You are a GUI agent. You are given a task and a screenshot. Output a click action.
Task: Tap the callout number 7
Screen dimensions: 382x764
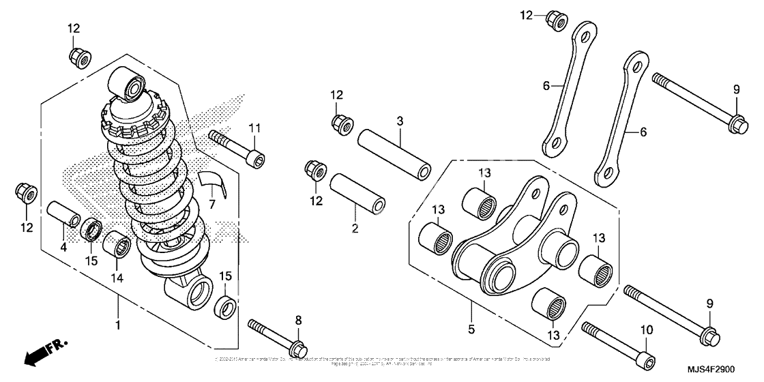pyautogui.click(x=212, y=204)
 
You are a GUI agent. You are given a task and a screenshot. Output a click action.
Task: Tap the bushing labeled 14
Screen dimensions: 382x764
pyautogui.click(x=116, y=244)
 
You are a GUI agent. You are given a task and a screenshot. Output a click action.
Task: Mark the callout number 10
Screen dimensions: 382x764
pyautogui.click(x=646, y=329)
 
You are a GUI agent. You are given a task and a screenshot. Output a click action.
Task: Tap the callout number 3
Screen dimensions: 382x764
pyautogui.click(x=400, y=121)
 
